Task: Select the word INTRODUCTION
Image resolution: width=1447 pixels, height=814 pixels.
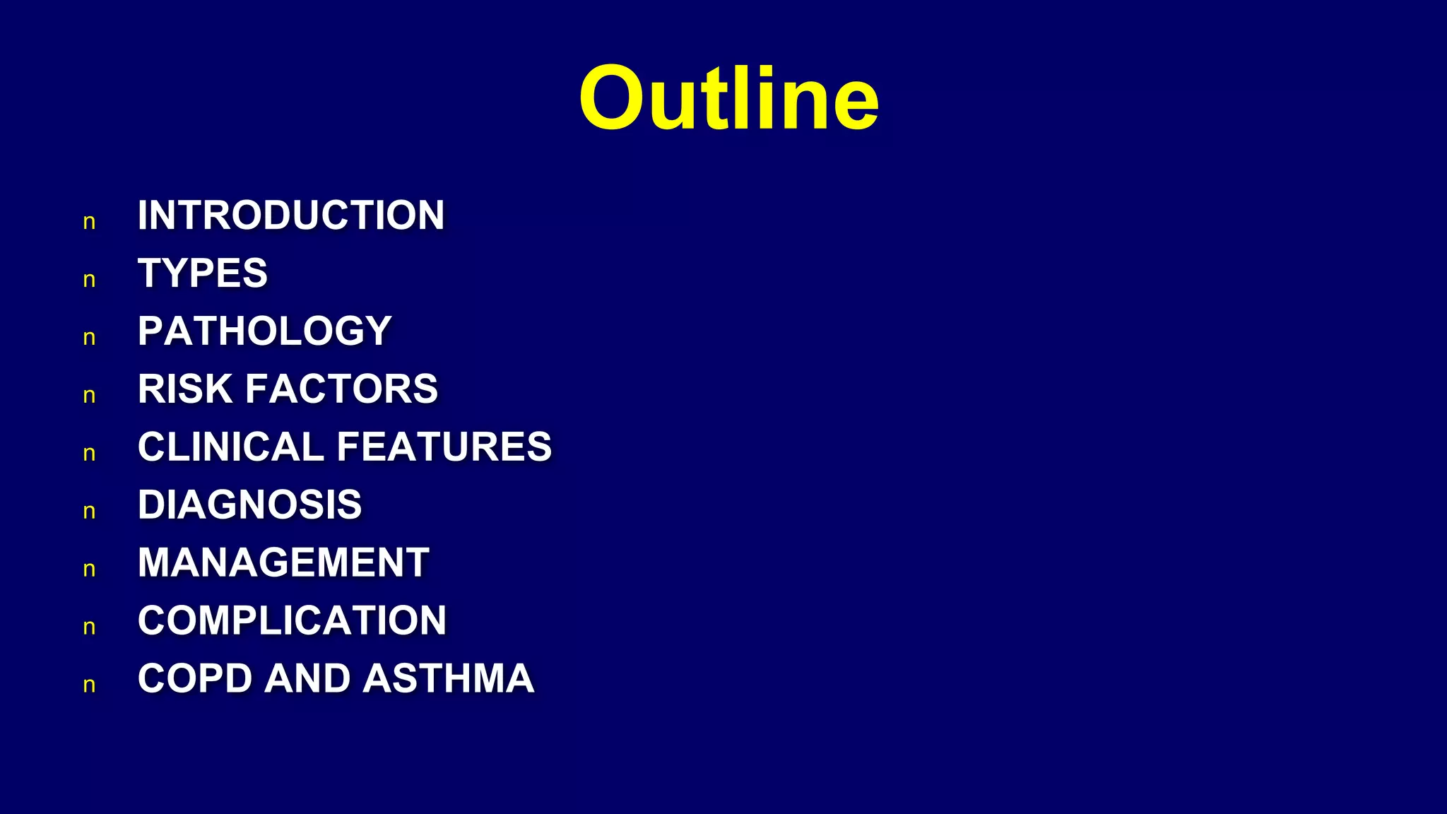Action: tap(291, 215)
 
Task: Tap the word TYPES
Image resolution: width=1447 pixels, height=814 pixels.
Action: tap(203, 273)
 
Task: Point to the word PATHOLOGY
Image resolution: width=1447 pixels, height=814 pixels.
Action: tap(264, 331)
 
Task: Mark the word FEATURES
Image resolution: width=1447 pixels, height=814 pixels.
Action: tap(444, 447)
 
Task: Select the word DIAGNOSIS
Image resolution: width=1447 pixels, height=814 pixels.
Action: tap(249, 505)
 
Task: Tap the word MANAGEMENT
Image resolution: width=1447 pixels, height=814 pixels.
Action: tap(283, 562)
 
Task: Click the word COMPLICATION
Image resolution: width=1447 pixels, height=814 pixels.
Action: tap(292, 620)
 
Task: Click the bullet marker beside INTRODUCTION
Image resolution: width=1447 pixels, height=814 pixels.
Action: tap(89, 223)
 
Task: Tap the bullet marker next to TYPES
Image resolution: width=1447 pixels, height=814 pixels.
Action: tap(89, 281)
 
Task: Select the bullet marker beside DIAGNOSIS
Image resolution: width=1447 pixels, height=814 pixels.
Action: tap(89, 512)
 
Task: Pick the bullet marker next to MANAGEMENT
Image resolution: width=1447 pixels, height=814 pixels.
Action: tap(89, 570)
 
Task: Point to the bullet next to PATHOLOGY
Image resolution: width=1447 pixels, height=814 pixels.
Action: tap(89, 338)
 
